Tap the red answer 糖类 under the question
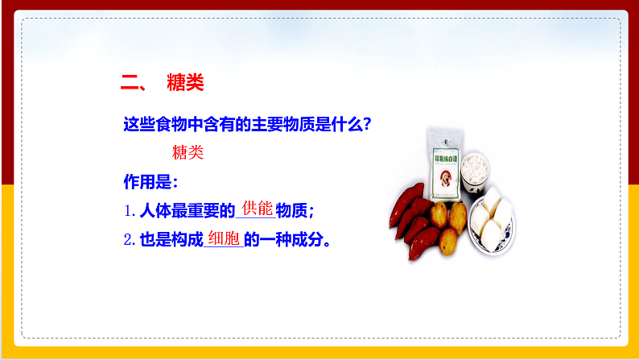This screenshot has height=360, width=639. coord(188,152)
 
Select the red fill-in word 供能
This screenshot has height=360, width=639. coord(257,208)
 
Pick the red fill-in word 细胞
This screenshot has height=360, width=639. coord(225,238)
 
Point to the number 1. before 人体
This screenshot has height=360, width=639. coord(130,211)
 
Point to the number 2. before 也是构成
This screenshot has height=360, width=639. coord(130,240)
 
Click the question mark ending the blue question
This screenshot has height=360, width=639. coord(366,125)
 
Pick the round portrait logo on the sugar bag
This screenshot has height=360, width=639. coord(445,180)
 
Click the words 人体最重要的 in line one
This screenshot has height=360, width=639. coord(186,211)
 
